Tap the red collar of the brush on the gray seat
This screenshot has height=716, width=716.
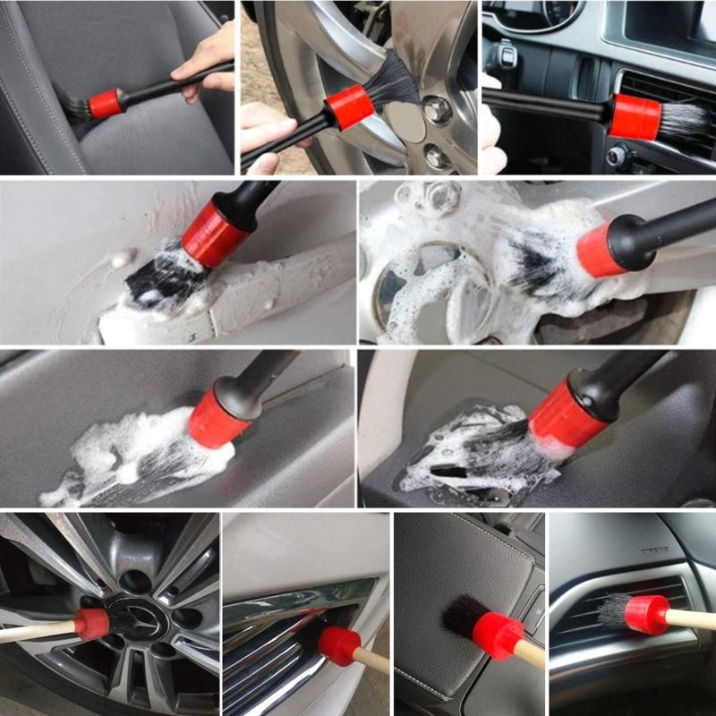[105, 103]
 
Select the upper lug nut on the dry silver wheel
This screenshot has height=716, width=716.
[438, 111]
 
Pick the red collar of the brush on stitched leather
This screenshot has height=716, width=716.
[498, 635]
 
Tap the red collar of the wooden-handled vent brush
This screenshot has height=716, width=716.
[646, 615]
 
